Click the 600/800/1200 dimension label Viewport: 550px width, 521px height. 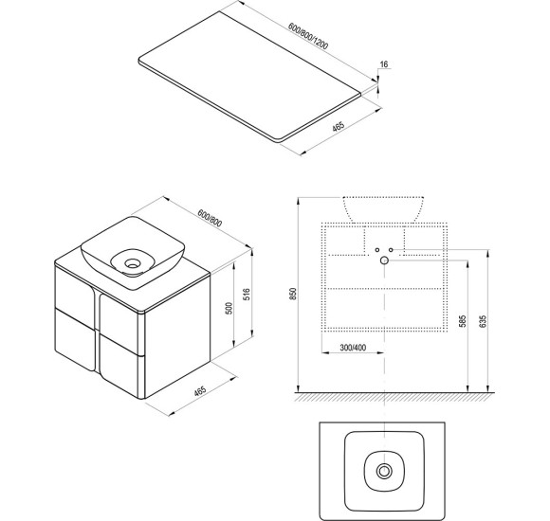click(308, 36)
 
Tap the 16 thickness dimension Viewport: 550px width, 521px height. click(384, 64)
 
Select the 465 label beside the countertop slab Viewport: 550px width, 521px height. click(339, 126)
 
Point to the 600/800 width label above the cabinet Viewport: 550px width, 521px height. click(210, 218)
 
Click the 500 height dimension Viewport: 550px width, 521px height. click(229, 308)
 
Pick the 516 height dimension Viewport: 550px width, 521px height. click(247, 295)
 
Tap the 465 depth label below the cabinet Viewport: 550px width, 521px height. click(200, 390)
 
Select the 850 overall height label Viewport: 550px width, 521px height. click(293, 294)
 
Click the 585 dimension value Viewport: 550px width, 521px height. click(463, 322)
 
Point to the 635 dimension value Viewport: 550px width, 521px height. click(483, 322)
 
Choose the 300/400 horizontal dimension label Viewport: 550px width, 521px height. click(353, 348)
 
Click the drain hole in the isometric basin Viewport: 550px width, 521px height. click(132, 263)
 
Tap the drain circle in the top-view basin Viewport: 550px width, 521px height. click(384, 471)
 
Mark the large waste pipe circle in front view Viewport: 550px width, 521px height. click(384, 260)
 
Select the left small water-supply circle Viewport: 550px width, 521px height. click(377, 250)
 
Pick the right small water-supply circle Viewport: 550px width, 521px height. click(391, 250)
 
